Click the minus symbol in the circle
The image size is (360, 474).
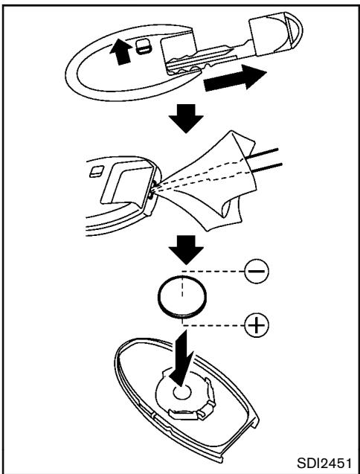point(256,271)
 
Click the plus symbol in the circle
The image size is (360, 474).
point(256,325)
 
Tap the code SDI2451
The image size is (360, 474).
point(324,463)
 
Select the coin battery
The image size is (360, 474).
point(182,297)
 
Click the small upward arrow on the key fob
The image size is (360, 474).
point(120,53)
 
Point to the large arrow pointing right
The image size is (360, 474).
point(235,77)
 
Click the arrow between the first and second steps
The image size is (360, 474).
point(186,118)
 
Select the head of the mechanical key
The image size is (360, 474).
point(275,34)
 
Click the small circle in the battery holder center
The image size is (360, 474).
point(181,392)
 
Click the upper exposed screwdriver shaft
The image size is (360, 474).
point(263,153)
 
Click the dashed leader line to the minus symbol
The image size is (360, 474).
point(213,271)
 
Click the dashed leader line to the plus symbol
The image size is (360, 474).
point(213,326)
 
